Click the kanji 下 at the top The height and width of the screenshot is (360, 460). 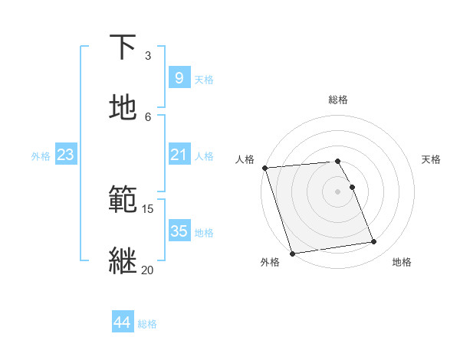point(123,47)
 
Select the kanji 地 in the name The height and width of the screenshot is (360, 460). point(123,108)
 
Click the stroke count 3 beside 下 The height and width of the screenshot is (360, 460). point(148,56)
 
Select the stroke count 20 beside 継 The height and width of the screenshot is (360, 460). point(148,270)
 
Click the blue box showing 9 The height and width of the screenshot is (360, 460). point(179,78)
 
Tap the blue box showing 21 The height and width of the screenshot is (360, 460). point(179,155)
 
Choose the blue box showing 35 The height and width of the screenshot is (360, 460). point(179,231)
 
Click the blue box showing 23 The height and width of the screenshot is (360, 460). point(65,155)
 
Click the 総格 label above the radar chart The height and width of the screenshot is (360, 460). point(338,100)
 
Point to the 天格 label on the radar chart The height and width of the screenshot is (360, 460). point(431,159)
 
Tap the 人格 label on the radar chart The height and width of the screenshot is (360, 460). point(245,159)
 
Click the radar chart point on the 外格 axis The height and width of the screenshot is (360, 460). point(291,253)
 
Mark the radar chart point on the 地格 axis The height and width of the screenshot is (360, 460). point(374,242)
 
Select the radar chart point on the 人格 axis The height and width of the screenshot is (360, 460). point(264,168)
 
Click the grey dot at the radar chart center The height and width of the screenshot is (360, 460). point(338,191)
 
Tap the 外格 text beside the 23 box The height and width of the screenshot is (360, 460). point(41,155)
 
